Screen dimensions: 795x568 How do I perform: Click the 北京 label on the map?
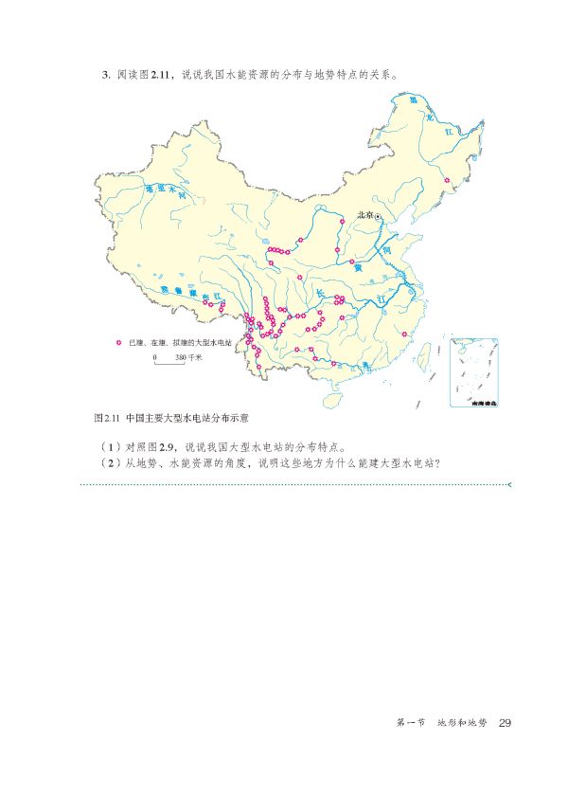pyautogui.click(x=364, y=216)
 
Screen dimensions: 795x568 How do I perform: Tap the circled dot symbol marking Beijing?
pyautogui.click(x=379, y=217)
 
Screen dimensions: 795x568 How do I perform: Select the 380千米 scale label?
pyautogui.click(x=189, y=357)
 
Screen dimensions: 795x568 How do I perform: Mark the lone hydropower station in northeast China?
pyautogui.click(x=447, y=179)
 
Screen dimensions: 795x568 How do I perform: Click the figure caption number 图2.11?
pyautogui.click(x=104, y=416)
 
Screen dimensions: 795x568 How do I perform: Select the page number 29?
pyautogui.click(x=505, y=724)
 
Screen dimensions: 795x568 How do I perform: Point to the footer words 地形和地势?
pyautogui.click(x=461, y=724)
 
